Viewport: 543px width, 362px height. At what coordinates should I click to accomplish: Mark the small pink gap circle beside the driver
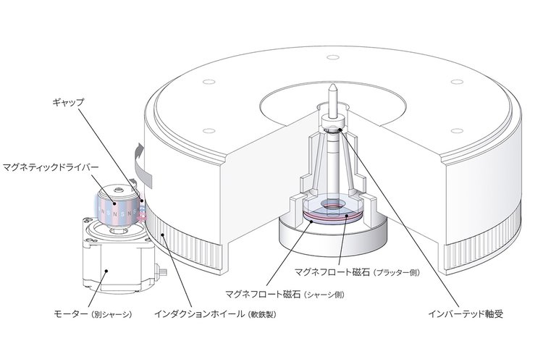[x=143, y=216]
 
